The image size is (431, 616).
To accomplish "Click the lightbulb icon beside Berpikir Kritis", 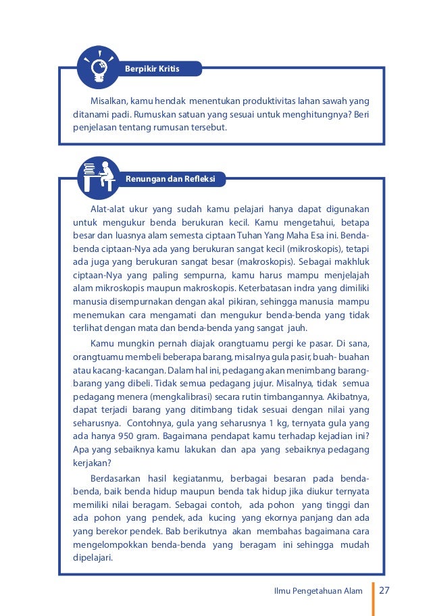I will click(x=99, y=67).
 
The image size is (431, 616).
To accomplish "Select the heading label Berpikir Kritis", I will click(x=153, y=69).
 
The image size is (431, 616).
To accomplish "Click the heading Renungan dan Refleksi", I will click(x=170, y=179).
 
